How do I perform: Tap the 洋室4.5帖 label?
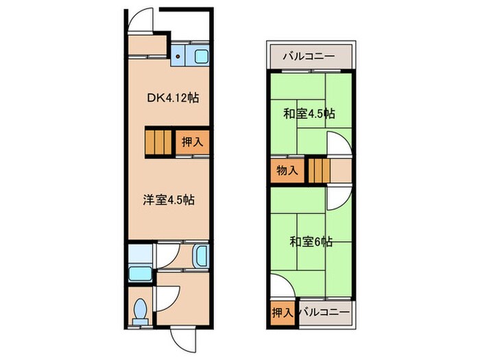coord(167,200)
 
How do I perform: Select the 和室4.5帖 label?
coord(310,113)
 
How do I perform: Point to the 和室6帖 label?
coord(311,241)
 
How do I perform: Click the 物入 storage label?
coord(287,170)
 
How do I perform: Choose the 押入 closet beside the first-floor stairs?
coord(192,143)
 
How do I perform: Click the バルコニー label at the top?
coord(310,56)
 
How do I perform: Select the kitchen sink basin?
coord(202,58)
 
